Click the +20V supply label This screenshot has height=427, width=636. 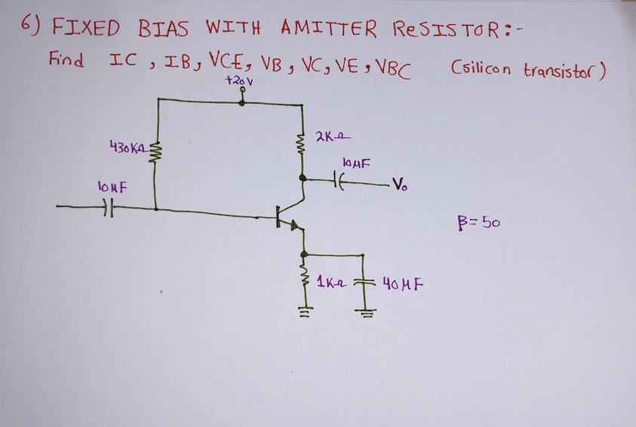click(x=241, y=78)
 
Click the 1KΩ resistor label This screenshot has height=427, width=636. click(x=331, y=284)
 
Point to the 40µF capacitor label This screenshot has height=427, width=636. click(x=401, y=285)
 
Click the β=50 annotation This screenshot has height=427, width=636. click(x=475, y=223)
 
